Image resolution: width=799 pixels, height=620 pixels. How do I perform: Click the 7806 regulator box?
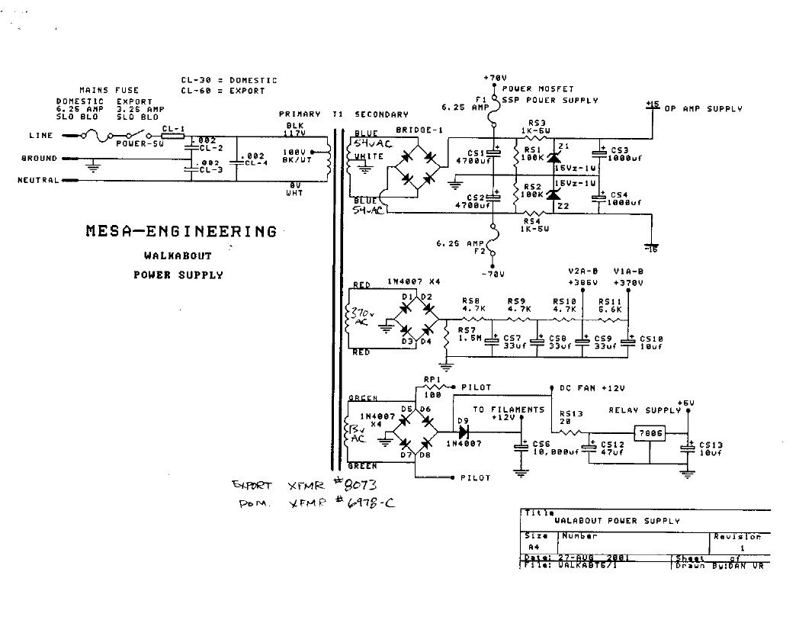pos(652,432)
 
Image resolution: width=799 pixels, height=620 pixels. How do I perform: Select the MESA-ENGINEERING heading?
pos(181,231)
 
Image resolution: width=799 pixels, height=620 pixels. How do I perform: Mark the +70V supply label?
pos(496,78)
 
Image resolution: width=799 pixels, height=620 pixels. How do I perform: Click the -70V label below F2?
pos(494,272)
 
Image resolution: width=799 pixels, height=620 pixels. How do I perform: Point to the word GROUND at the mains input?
pos(39,159)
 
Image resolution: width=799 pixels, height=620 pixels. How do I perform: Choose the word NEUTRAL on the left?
pos(37,181)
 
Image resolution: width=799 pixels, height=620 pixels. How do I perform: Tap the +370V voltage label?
pos(628,282)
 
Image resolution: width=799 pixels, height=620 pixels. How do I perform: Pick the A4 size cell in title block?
pos(533,548)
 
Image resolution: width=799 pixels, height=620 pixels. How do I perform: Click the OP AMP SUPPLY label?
pos(702,109)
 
